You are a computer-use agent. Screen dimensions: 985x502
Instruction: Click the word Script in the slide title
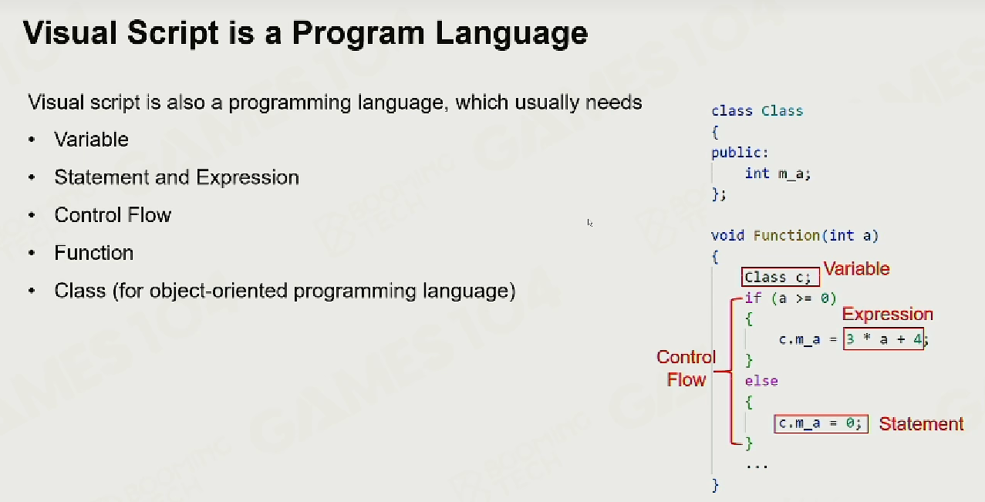click(172, 34)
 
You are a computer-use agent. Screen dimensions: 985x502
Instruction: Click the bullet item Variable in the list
click(92, 140)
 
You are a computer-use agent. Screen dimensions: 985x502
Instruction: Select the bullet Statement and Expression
click(177, 177)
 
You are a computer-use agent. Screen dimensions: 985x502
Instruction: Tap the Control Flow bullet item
click(113, 215)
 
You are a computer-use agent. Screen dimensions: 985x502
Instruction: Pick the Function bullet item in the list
click(93, 253)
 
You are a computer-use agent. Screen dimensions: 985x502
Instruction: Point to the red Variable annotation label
click(857, 268)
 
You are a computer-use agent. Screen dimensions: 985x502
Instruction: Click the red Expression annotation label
click(887, 314)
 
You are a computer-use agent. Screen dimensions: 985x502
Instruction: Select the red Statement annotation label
click(921, 424)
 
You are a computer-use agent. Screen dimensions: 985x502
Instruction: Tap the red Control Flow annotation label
click(686, 369)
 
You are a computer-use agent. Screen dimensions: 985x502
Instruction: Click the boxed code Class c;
click(781, 277)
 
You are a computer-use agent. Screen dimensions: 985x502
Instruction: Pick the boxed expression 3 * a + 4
click(883, 339)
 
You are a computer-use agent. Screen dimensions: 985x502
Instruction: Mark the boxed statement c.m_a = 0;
click(821, 423)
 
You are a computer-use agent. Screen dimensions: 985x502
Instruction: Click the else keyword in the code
click(761, 381)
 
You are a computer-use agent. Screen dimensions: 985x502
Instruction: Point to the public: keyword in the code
click(740, 153)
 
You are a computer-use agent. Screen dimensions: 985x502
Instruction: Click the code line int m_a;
click(778, 174)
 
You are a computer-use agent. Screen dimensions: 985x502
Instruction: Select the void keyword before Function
click(727, 235)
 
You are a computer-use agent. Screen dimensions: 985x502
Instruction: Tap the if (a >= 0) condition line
click(791, 298)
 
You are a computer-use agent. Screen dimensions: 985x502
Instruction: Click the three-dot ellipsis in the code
click(757, 467)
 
